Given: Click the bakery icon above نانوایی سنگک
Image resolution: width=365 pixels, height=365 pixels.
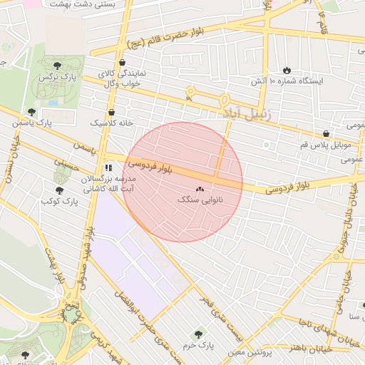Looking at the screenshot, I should [x=199, y=190].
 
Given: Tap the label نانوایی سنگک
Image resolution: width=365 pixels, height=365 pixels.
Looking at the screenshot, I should [x=200, y=201].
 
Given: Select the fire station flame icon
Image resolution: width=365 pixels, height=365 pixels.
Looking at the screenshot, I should [x=287, y=71].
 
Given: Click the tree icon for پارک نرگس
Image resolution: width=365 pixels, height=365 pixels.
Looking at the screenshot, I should [x=67, y=66].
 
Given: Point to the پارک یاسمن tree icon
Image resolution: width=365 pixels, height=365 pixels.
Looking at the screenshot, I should [x=31, y=112].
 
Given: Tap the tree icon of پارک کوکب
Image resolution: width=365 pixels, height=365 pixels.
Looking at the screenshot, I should [x=59, y=190].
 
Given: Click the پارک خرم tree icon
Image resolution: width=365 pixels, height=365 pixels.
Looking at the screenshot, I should [x=197, y=333].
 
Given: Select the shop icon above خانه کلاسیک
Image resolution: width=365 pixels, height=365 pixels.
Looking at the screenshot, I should [x=112, y=111].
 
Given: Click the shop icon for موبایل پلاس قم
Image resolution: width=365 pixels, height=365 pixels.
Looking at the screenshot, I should [x=326, y=133].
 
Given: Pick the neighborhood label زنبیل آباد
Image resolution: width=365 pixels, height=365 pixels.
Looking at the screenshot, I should [x=243, y=113].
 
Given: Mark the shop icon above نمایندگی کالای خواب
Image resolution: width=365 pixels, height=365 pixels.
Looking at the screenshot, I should [x=110, y=63].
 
